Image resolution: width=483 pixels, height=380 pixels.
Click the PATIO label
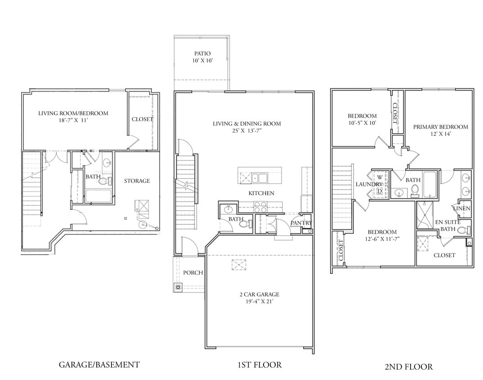pos(202,54)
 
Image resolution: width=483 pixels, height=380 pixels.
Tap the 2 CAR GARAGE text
pos(259,294)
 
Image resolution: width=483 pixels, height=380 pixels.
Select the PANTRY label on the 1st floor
pos(301,223)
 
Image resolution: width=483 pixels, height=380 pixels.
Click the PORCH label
pos(193,273)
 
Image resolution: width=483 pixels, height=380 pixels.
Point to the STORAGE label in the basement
pos(137,181)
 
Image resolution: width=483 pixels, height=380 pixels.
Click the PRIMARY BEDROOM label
pos(440,127)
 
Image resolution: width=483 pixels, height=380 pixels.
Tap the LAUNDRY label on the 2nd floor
pos(369,184)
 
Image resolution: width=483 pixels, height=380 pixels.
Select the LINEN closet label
pos(462,208)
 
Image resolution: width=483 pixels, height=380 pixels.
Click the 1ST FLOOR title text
pos(259,365)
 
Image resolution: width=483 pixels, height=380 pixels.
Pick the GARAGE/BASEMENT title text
pos(99,365)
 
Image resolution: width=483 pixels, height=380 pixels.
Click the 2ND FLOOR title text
pos(408,367)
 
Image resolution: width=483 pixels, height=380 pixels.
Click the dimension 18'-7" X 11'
pos(73,121)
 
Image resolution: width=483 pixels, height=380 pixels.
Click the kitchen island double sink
pos(259,177)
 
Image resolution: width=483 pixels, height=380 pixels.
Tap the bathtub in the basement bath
pos(99,196)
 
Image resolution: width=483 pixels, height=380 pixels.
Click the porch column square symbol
pos(179,287)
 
